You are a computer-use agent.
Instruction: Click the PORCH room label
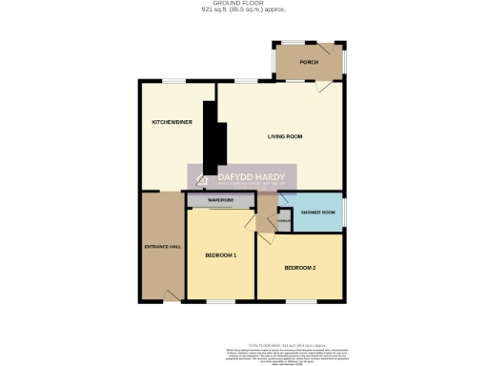308,62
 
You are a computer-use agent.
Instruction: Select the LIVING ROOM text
284,137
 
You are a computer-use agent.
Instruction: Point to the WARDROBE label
221,200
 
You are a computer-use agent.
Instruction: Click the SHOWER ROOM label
317,212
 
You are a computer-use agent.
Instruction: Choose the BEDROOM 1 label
220,255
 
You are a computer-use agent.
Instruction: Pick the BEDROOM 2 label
299,267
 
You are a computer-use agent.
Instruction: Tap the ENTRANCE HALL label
162,247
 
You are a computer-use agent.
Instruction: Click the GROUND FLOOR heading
243,4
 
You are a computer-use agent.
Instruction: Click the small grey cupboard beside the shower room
283,222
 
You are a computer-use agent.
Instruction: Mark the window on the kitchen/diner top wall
173,81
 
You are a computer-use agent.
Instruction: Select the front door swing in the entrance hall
173,293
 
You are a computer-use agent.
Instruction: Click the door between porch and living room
323,85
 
